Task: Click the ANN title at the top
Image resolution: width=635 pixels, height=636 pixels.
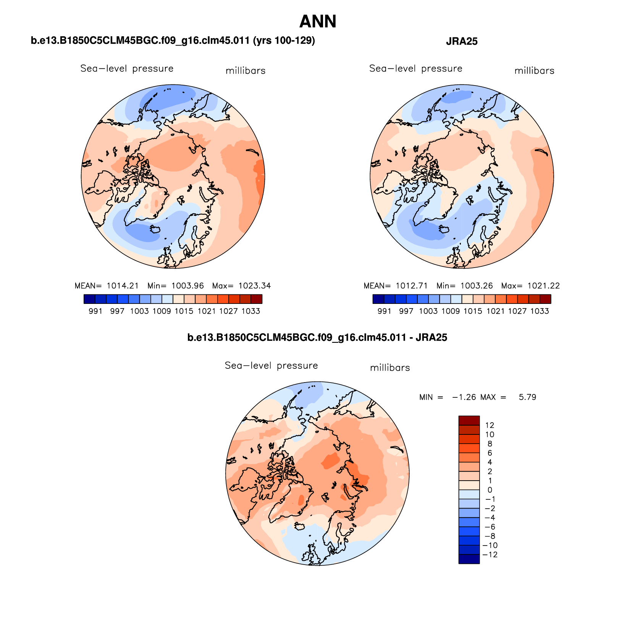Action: point(318,21)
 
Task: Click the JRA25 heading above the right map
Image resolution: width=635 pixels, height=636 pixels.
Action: point(462,41)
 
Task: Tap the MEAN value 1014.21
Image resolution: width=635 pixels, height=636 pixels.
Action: point(123,286)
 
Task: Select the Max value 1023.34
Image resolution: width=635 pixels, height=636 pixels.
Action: point(255,286)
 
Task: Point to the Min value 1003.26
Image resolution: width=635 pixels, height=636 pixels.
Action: point(477,286)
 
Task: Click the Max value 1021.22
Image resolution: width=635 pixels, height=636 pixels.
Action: point(544,286)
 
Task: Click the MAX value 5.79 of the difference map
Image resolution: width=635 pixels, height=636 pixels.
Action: point(527,397)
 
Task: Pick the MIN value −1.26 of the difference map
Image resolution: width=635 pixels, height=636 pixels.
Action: point(464,397)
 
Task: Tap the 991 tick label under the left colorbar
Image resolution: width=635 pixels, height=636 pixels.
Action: point(95,311)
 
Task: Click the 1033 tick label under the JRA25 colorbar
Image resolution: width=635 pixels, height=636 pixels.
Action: point(540,311)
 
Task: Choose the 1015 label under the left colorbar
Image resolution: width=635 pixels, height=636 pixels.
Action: point(184,311)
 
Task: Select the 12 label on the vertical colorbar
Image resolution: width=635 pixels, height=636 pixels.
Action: point(490,425)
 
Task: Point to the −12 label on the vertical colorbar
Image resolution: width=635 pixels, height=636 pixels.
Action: point(490,555)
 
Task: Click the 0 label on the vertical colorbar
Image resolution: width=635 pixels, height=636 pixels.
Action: point(490,490)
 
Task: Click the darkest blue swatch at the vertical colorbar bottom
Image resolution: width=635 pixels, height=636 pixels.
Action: point(469,559)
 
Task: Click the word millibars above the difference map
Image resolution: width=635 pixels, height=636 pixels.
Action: point(390,368)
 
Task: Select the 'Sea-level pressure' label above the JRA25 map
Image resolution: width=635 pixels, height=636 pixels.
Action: point(415,69)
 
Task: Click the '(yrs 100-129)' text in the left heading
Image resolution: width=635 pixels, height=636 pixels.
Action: point(284,40)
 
